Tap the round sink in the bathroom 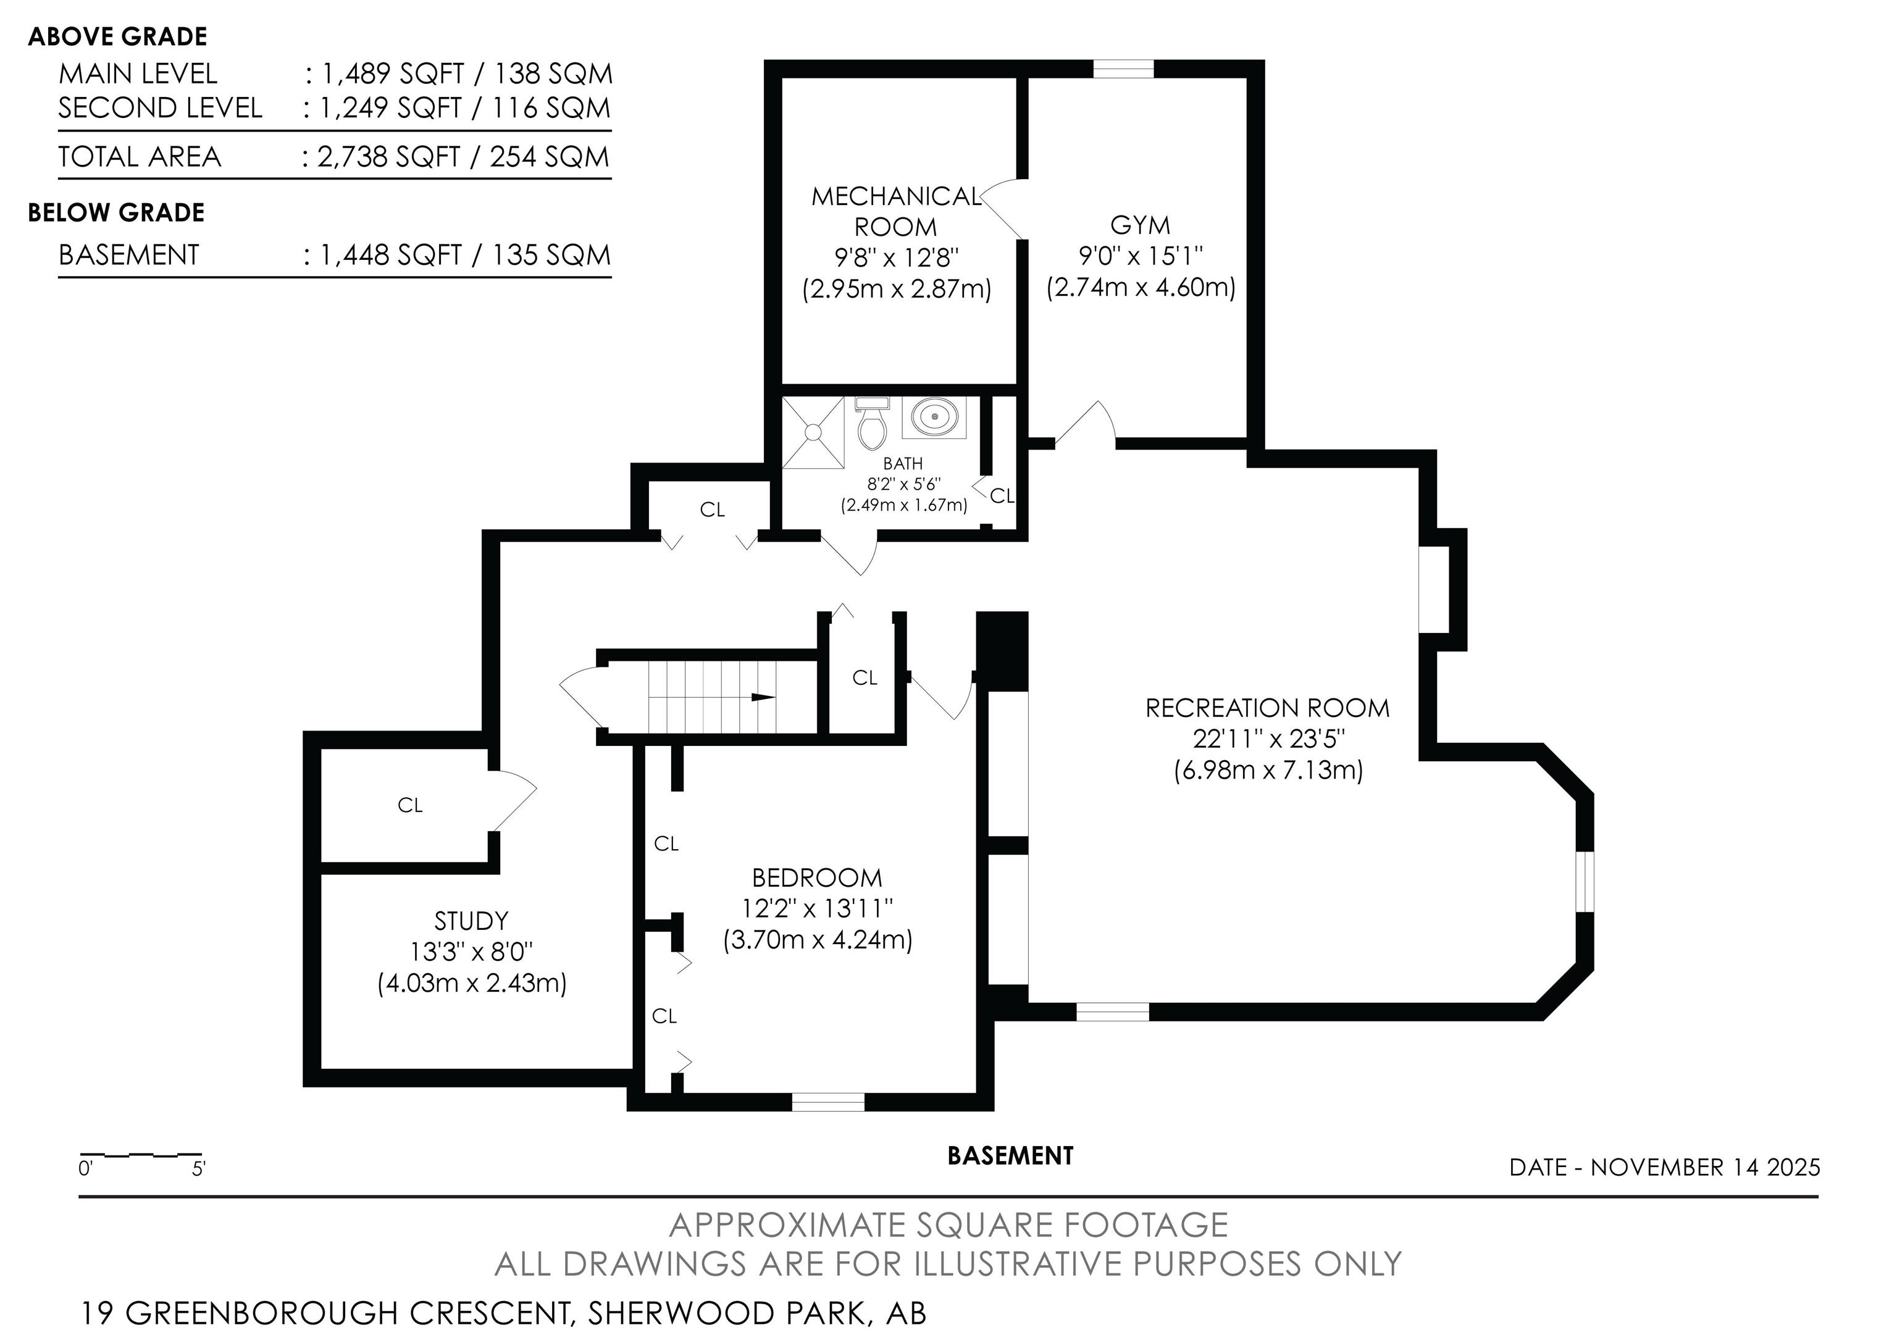(x=934, y=417)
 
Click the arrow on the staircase (x=763, y=697)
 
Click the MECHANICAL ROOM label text (x=897, y=211)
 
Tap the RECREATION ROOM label (x=1267, y=708)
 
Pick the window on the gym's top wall (x=1124, y=69)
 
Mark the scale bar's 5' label (x=198, y=1169)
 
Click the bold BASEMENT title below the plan (x=1010, y=1156)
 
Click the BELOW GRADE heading (x=117, y=213)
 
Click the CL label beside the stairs (x=865, y=677)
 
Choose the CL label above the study (x=411, y=805)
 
